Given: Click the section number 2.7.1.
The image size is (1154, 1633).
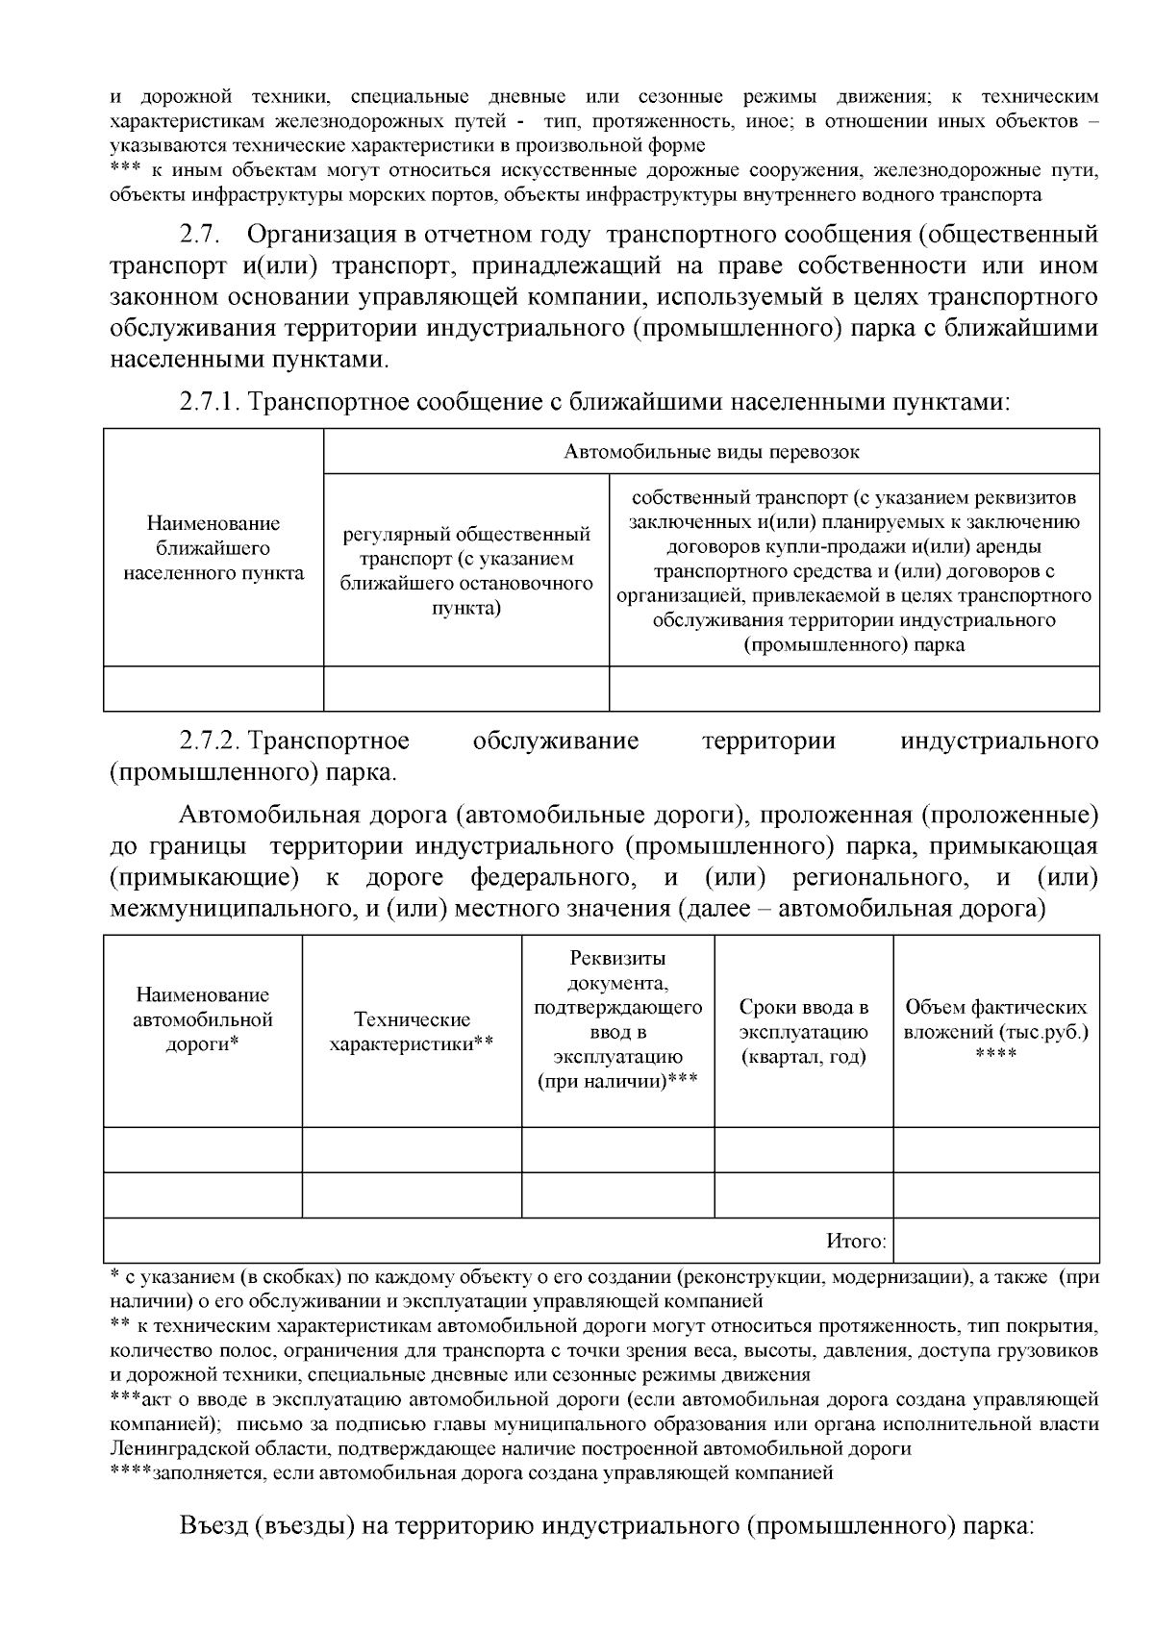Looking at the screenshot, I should click(x=211, y=401).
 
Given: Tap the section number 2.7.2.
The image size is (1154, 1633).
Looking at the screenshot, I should click(x=211, y=741).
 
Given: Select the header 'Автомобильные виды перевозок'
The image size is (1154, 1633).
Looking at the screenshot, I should click(x=711, y=452).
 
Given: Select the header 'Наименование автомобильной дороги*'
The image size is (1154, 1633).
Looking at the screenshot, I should click(x=202, y=1019).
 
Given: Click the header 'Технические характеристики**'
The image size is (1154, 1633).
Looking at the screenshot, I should click(x=412, y=1032).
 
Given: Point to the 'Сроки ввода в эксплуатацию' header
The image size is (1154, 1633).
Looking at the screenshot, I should click(x=803, y=1032).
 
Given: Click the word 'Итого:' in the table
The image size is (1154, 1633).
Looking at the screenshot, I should click(x=856, y=1242).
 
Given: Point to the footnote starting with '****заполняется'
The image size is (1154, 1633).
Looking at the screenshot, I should click(x=471, y=1472).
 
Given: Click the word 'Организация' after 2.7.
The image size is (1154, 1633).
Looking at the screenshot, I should click(x=339, y=235).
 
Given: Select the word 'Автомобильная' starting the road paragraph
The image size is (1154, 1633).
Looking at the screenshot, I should click(x=265, y=816).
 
